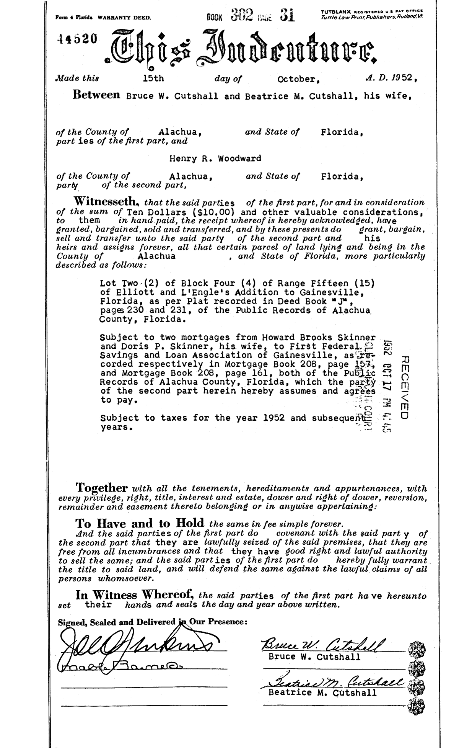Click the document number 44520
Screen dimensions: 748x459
76,39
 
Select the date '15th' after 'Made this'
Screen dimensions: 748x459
153,78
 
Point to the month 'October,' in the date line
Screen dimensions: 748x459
297,79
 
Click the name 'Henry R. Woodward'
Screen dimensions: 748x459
215,158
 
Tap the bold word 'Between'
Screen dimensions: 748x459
96,95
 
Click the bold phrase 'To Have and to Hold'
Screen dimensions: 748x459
140,523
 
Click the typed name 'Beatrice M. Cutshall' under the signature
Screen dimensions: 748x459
322,692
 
